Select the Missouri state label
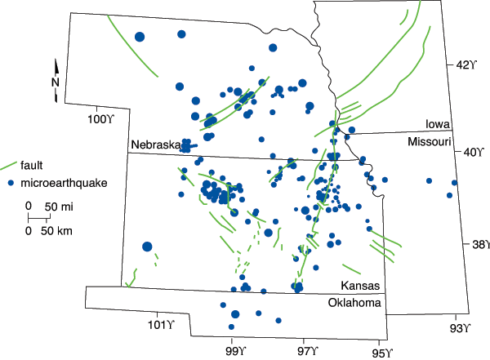(430, 142)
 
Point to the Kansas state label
(360, 287)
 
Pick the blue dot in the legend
(10, 182)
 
